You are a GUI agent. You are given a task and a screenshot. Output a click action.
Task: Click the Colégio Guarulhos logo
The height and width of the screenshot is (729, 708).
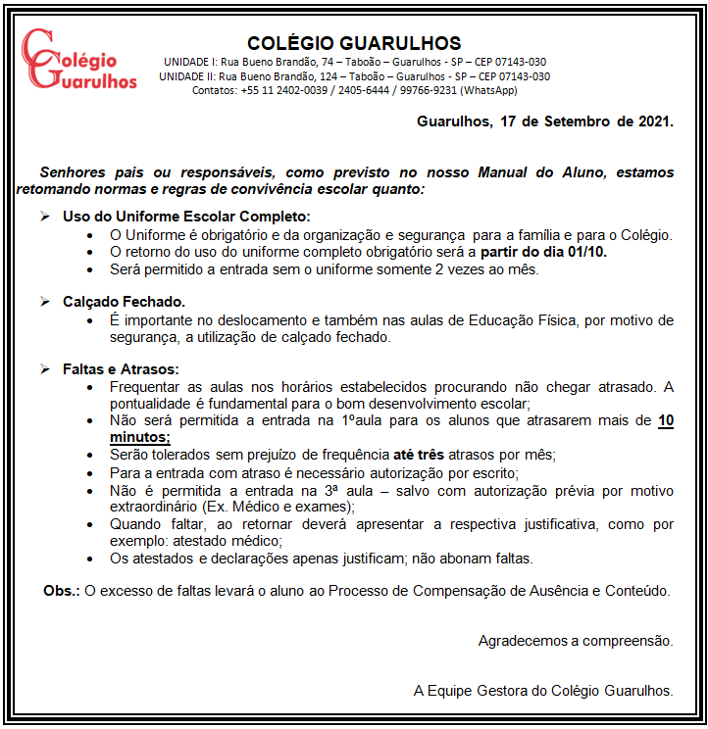click(78, 61)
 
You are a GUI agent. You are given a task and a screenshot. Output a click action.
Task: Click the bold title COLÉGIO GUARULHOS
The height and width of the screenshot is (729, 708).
click(354, 43)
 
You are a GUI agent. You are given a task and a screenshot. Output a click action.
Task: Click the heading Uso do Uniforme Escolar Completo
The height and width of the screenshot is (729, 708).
click(185, 217)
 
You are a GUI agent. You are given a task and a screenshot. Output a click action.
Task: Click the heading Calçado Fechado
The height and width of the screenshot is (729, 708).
click(124, 302)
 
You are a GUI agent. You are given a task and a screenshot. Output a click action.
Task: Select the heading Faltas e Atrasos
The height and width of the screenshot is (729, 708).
click(121, 369)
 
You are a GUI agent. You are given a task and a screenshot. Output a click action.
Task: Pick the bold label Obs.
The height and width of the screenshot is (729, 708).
click(62, 591)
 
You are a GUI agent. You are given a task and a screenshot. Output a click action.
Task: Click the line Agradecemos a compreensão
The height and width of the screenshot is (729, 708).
click(576, 641)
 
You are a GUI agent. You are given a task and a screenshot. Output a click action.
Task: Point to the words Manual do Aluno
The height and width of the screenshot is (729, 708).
click(540, 171)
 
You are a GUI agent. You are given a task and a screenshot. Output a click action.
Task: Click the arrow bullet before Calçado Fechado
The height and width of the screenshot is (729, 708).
click(45, 302)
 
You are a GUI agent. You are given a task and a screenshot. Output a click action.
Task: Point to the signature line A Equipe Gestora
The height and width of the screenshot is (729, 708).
click(542, 690)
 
